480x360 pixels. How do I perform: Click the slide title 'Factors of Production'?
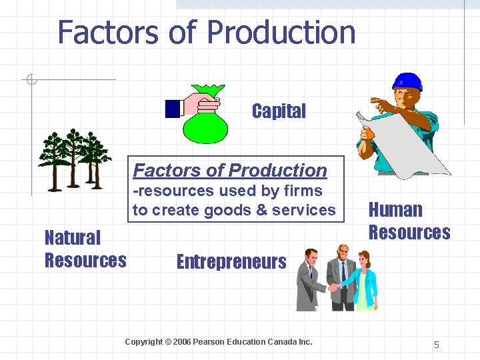click(207, 32)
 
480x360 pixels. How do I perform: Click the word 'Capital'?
click(279, 111)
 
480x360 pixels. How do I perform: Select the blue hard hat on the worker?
click(407, 82)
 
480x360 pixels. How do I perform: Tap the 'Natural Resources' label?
click(85, 249)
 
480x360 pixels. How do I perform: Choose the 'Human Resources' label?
click(409, 221)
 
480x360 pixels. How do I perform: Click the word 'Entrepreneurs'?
click(231, 261)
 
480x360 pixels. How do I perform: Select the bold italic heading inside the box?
click(230, 171)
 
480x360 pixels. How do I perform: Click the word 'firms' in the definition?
click(302, 191)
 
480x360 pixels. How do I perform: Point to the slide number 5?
click(437, 345)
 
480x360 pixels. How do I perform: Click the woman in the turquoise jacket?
click(363, 280)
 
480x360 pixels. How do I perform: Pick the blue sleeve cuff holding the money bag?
click(174, 108)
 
